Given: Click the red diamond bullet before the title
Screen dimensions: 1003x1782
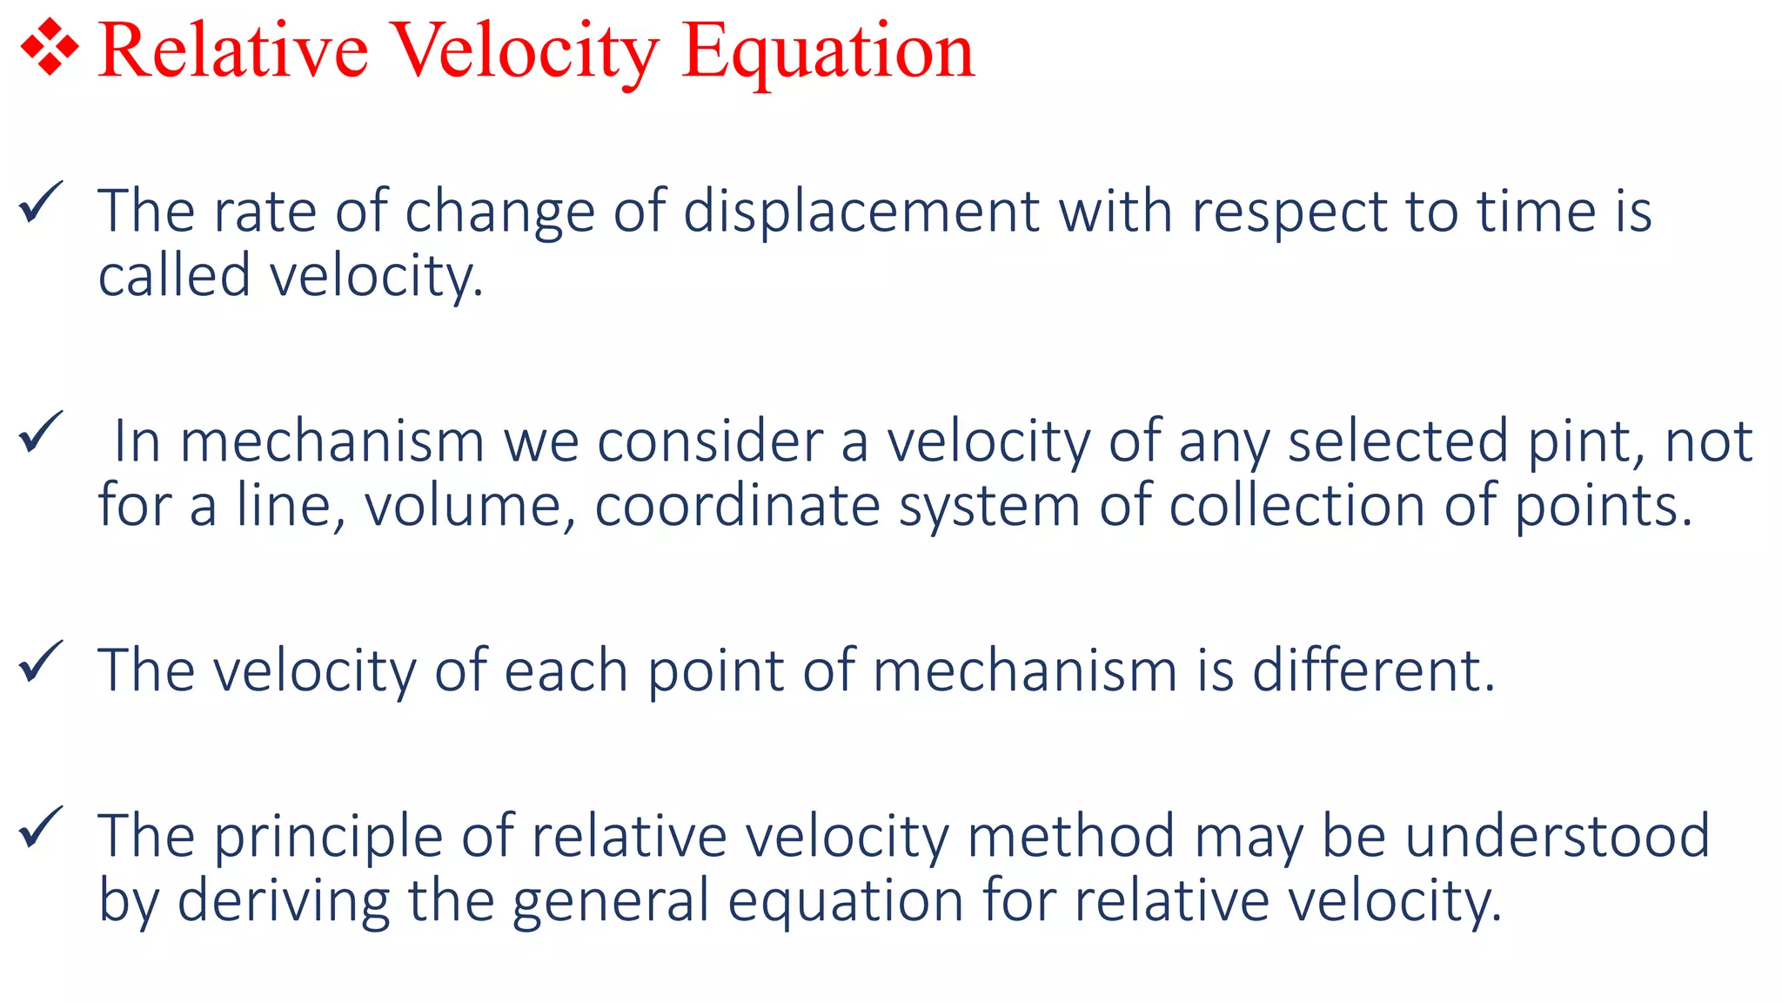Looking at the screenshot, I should click(x=50, y=49).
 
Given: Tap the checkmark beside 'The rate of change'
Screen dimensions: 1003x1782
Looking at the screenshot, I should click(x=40, y=203).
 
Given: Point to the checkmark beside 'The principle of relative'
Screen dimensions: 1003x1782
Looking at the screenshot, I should click(x=40, y=827).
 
